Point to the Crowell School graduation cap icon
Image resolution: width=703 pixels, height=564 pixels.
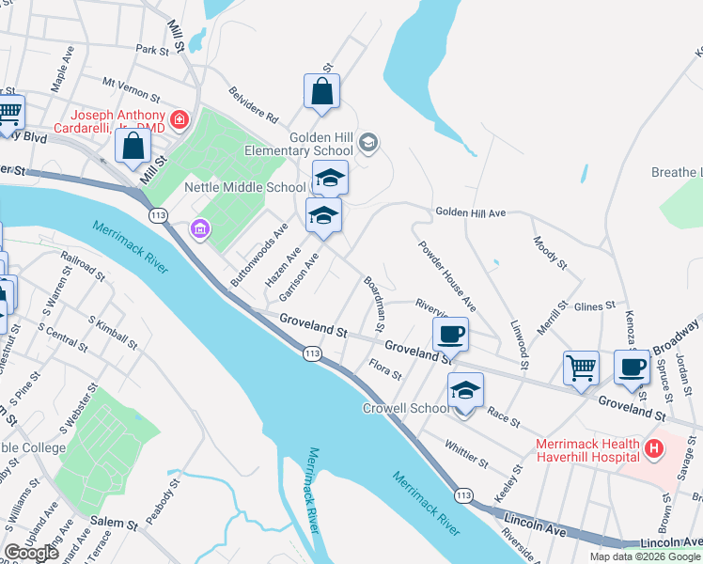[x=465, y=390]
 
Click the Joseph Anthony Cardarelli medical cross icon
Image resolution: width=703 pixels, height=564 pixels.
[x=179, y=119]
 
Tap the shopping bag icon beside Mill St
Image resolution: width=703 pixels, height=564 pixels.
[x=133, y=146]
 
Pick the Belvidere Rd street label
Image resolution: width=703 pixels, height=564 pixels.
[x=254, y=105]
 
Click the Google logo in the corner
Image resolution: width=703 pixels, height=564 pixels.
[x=32, y=554]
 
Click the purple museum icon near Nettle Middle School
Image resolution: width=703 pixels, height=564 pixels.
[x=198, y=228]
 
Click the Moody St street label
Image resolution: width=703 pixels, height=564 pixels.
[x=551, y=254]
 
